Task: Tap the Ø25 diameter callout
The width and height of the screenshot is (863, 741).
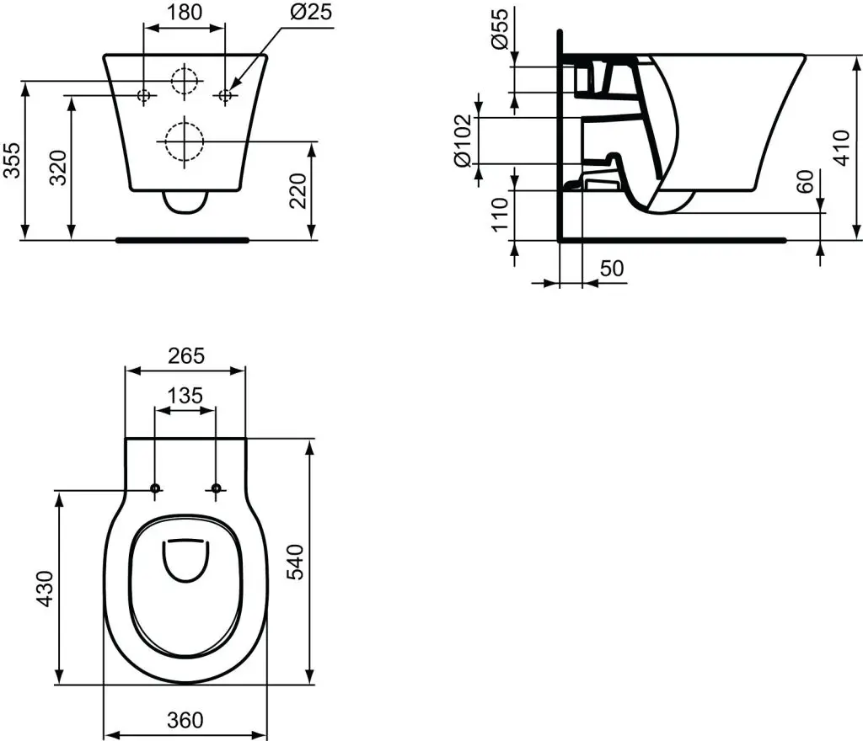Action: click(309, 13)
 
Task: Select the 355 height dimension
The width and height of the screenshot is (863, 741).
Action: click(13, 160)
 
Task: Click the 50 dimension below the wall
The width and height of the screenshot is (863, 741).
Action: click(612, 268)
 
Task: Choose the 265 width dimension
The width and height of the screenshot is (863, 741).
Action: click(185, 355)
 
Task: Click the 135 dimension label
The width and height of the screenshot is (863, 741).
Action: click(185, 396)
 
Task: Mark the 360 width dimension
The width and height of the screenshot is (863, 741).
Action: click(185, 720)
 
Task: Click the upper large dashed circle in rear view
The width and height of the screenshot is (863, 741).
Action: click(185, 80)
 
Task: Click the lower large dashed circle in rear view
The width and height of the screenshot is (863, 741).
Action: click(184, 141)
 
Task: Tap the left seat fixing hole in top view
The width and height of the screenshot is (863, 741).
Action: click(155, 488)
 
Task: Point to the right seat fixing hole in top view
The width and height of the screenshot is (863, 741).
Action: click(216, 488)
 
